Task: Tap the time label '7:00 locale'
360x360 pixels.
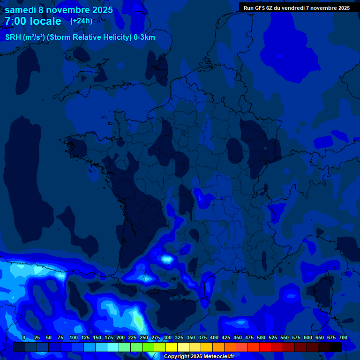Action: pos(33,21)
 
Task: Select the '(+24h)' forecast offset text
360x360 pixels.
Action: pos(81,21)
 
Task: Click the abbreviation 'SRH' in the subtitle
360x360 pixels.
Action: pos(13,37)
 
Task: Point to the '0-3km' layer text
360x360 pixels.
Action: pos(144,37)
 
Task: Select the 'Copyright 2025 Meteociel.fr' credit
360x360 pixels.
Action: pos(199,356)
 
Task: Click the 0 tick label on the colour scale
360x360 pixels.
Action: pos(24,337)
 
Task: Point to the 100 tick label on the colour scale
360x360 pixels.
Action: pos(74,337)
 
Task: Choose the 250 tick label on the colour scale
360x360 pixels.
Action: pos(144,337)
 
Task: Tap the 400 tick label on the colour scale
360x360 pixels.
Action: pos(214,337)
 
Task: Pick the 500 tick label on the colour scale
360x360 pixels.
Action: pos(261,337)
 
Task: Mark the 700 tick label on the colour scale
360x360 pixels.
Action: pos(343,337)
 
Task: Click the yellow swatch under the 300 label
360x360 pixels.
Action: pos(172,347)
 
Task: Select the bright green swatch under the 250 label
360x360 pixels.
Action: pos(148,347)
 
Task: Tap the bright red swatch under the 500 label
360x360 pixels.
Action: pos(265,347)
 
